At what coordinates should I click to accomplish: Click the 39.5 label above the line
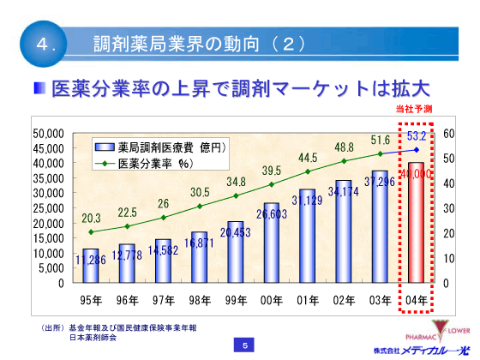[271, 170]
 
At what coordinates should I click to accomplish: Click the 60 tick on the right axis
[449, 135]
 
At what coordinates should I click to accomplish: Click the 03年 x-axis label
[380, 298]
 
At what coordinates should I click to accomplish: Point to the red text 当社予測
[415, 109]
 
